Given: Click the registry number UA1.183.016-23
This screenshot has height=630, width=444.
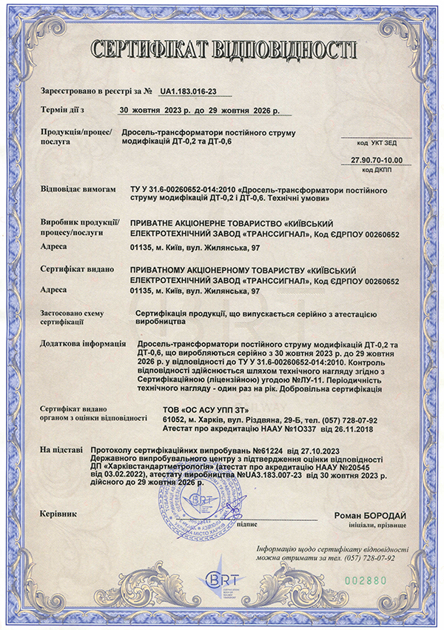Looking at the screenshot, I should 188,92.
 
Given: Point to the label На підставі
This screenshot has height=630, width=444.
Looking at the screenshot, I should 60,449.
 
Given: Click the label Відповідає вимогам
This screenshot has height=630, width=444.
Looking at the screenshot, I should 78,190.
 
